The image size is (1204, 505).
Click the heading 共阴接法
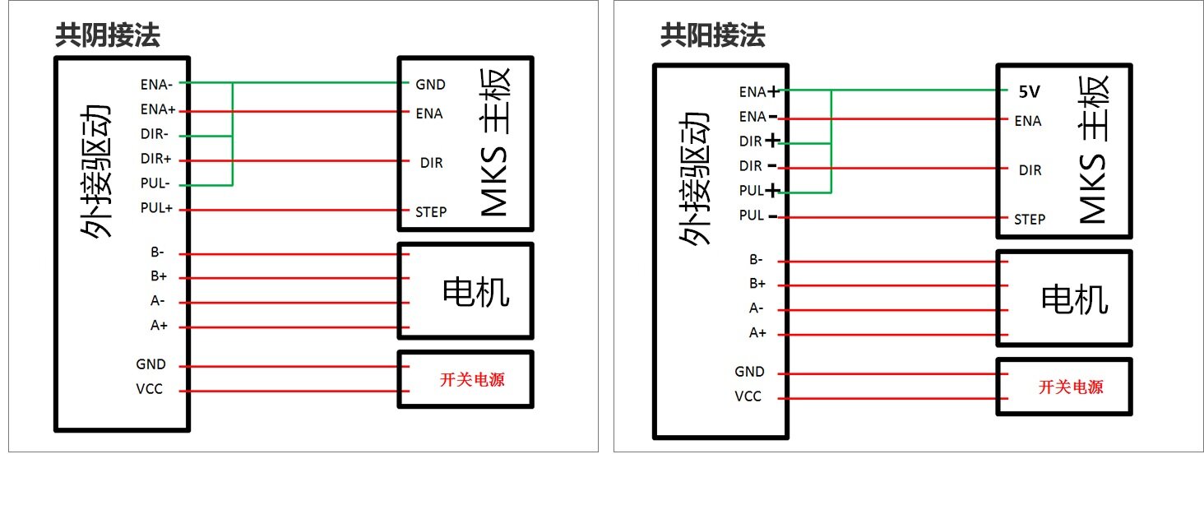tap(108, 35)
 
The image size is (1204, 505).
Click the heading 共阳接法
tap(713, 35)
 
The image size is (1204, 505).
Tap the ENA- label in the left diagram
tap(156, 85)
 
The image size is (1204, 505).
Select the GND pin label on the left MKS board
tap(431, 85)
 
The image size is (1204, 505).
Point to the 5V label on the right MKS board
tap(1030, 92)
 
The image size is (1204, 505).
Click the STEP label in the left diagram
tap(431, 212)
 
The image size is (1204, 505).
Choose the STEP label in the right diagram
tap(1030, 220)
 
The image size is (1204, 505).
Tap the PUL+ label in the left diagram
tap(156, 207)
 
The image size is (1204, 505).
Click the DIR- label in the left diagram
tap(155, 133)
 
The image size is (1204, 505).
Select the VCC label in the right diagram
tap(748, 396)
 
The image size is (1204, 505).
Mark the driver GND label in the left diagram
tap(151, 364)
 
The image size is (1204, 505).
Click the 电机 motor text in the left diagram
tap(475, 293)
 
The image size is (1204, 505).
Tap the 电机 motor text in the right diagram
tap(1074, 299)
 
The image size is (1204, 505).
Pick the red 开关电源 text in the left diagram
tap(472, 380)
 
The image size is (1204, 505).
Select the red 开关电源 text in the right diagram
tap(1072, 387)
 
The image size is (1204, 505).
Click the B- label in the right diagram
tap(757, 259)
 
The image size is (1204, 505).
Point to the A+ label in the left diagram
tap(159, 326)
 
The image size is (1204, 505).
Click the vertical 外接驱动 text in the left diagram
tap(95, 171)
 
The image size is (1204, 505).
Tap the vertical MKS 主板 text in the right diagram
tap(1093, 150)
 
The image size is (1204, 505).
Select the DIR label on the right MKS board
tap(1030, 170)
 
